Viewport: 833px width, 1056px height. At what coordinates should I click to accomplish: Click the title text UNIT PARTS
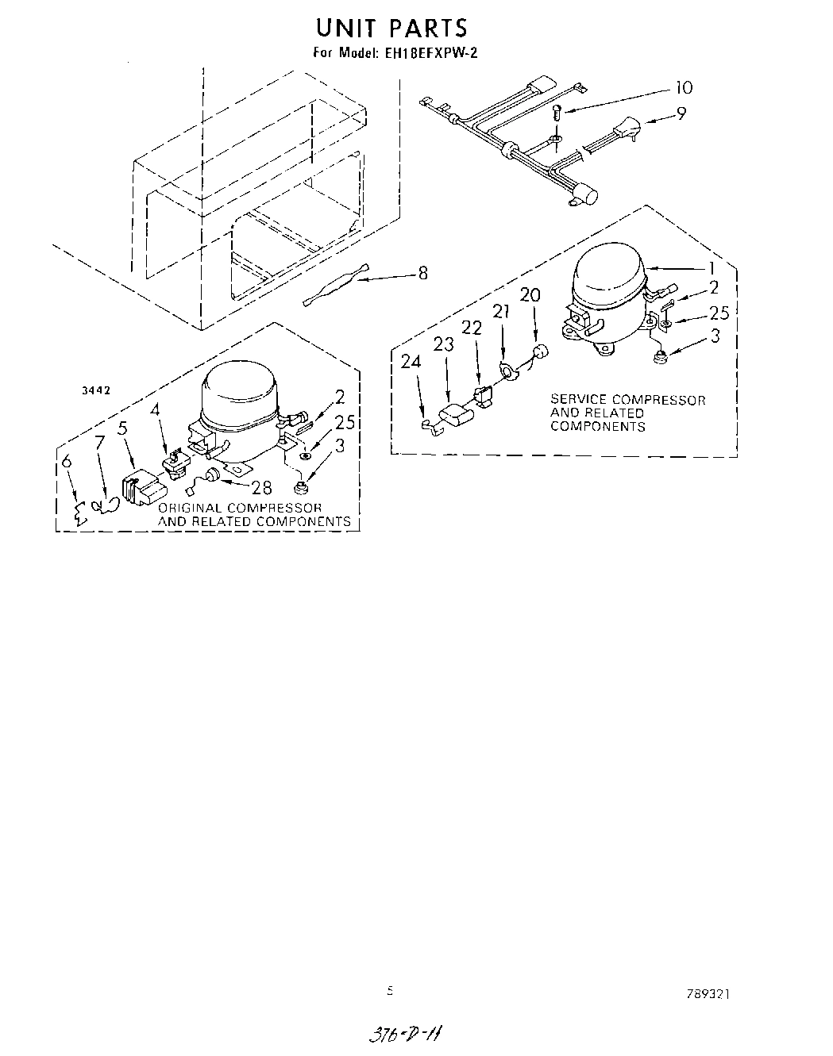[391, 28]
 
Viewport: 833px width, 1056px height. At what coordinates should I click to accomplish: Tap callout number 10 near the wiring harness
[683, 88]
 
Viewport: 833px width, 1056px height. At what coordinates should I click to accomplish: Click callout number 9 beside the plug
[681, 113]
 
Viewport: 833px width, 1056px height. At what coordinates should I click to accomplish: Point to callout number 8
[422, 273]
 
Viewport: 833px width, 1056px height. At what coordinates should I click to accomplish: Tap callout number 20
[530, 295]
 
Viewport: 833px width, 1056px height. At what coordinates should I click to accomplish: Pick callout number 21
[500, 311]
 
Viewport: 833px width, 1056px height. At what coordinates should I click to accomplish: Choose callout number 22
[472, 328]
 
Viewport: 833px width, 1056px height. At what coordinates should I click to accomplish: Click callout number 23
[443, 344]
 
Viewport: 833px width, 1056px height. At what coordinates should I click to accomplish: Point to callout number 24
[411, 361]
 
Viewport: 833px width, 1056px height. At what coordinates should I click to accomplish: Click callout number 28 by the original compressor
[261, 488]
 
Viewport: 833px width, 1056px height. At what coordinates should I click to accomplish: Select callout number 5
[122, 428]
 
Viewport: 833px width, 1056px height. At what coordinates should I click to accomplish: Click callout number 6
[66, 461]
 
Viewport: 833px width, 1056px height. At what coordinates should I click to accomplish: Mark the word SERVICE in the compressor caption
[577, 400]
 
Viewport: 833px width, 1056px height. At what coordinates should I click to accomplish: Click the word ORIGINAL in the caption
[190, 508]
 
